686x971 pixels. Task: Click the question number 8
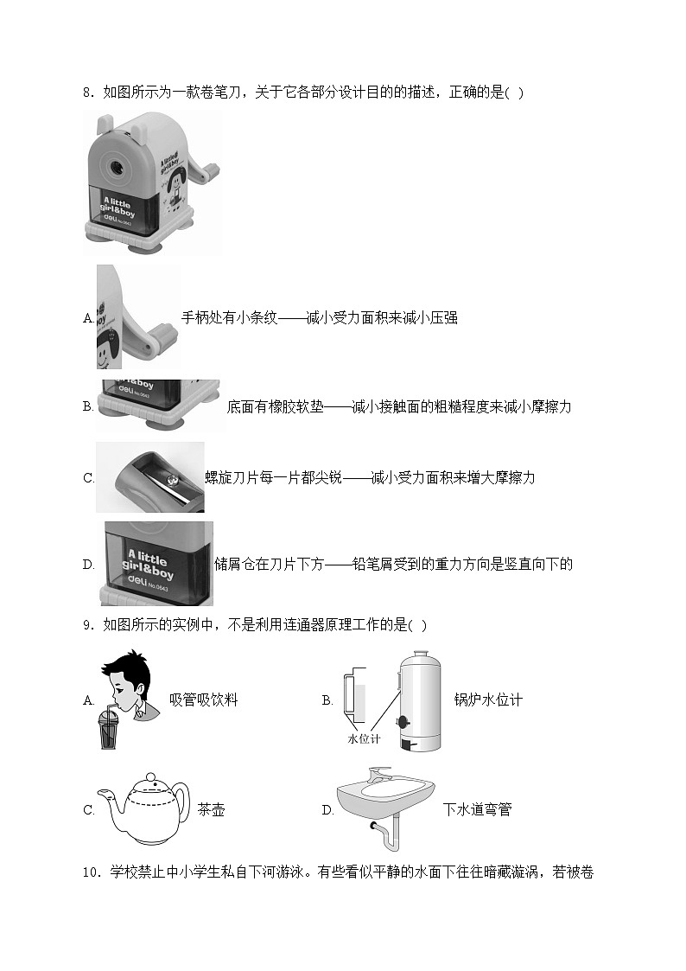click(87, 93)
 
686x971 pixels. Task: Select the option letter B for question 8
click(87, 406)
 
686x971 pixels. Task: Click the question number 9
click(87, 625)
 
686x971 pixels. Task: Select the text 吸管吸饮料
click(203, 700)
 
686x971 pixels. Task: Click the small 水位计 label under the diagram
click(364, 739)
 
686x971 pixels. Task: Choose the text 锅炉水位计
click(488, 700)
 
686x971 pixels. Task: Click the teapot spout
click(110, 797)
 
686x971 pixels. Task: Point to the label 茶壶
click(211, 810)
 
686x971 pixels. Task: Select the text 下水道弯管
click(477, 810)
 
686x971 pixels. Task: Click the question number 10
click(92, 872)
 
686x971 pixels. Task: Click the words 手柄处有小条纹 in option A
click(229, 318)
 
